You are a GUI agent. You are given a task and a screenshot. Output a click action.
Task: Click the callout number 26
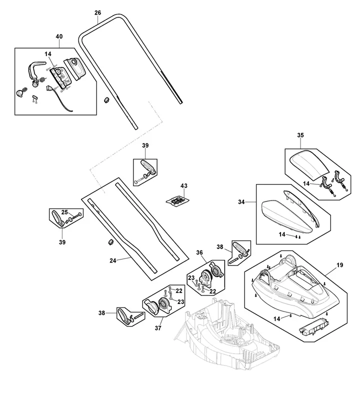(97, 12)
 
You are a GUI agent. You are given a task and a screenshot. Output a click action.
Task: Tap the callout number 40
(59, 36)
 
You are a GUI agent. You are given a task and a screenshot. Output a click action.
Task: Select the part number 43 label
(184, 185)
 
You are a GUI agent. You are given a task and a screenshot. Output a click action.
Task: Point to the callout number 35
(300, 135)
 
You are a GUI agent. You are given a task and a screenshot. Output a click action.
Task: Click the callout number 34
(241, 202)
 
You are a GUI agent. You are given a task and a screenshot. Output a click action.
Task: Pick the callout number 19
(340, 265)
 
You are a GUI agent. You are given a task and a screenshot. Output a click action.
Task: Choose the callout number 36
(199, 252)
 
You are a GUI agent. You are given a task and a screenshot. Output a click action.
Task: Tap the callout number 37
(158, 328)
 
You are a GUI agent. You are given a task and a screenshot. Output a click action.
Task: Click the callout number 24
(113, 260)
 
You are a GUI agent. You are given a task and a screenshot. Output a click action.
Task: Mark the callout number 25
(64, 212)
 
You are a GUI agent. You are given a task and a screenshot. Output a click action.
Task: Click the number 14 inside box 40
(48, 54)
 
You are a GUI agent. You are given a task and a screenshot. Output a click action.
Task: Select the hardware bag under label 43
(177, 201)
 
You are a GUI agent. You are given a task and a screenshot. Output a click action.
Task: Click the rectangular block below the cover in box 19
(314, 327)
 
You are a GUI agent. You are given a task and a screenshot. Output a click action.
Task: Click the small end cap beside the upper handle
(106, 100)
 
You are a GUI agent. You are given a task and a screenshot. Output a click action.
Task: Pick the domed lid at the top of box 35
(309, 165)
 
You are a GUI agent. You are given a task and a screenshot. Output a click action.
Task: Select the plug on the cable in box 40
(48, 88)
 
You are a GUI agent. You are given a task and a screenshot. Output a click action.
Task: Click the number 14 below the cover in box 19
(276, 319)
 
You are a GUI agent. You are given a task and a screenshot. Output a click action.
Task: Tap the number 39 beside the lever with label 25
(62, 242)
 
